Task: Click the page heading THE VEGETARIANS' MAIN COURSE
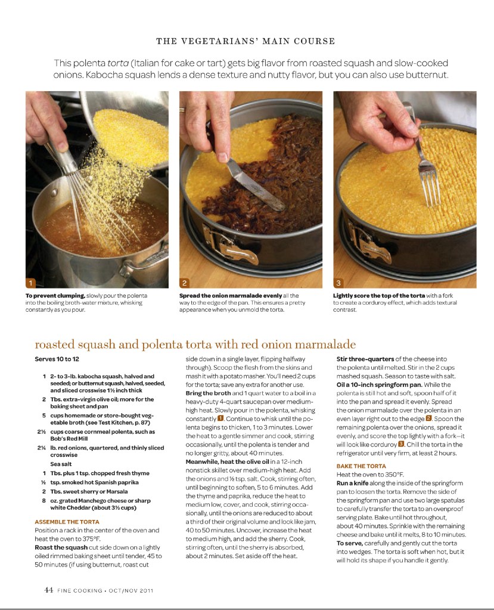[x=246, y=41]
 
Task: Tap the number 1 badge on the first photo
[x=31, y=282]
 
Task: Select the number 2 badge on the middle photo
[x=185, y=282]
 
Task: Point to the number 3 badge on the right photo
[x=338, y=282]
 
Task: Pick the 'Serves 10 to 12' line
[x=57, y=360]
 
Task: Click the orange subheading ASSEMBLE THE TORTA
[x=67, y=522]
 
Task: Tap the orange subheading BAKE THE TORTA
[x=361, y=466]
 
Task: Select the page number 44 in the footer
[x=49, y=590]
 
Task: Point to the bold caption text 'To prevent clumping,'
[x=55, y=296]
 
